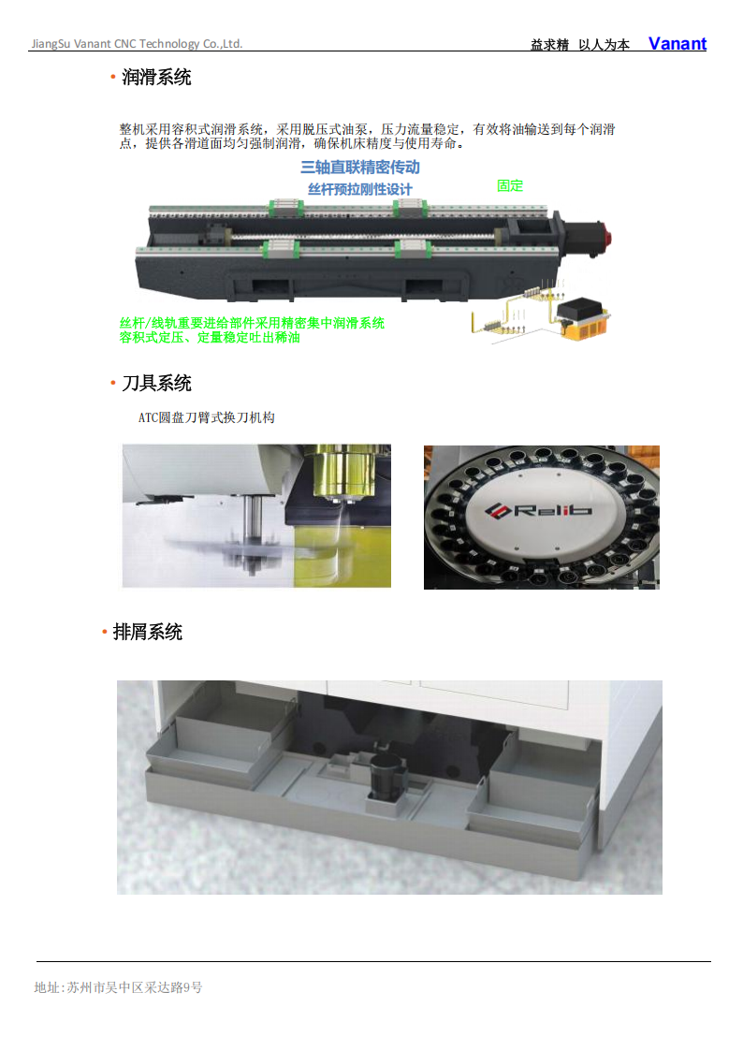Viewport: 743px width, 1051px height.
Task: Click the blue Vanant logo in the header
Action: coord(677,44)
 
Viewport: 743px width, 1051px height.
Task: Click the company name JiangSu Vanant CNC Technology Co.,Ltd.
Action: coord(137,44)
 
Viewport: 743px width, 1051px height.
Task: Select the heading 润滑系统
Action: coord(156,77)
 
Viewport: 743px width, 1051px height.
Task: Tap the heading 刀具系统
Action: coord(156,384)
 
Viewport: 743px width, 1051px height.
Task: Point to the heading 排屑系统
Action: coord(148,632)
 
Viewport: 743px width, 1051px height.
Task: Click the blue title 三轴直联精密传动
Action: coord(359,167)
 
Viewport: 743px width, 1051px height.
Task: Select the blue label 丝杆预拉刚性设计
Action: coord(359,190)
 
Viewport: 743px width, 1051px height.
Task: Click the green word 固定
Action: coord(510,185)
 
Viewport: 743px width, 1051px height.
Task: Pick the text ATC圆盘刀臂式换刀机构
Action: coord(207,417)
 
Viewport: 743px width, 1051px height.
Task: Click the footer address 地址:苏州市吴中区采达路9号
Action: coord(118,987)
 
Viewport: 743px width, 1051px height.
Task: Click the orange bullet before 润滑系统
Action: coord(112,78)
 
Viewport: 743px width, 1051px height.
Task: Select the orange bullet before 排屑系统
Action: coord(105,632)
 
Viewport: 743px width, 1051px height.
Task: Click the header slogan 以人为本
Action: coord(604,45)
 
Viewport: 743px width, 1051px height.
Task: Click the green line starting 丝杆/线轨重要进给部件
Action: coord(252,323)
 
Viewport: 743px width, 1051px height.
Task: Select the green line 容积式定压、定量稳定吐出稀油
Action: coord(210,337)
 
